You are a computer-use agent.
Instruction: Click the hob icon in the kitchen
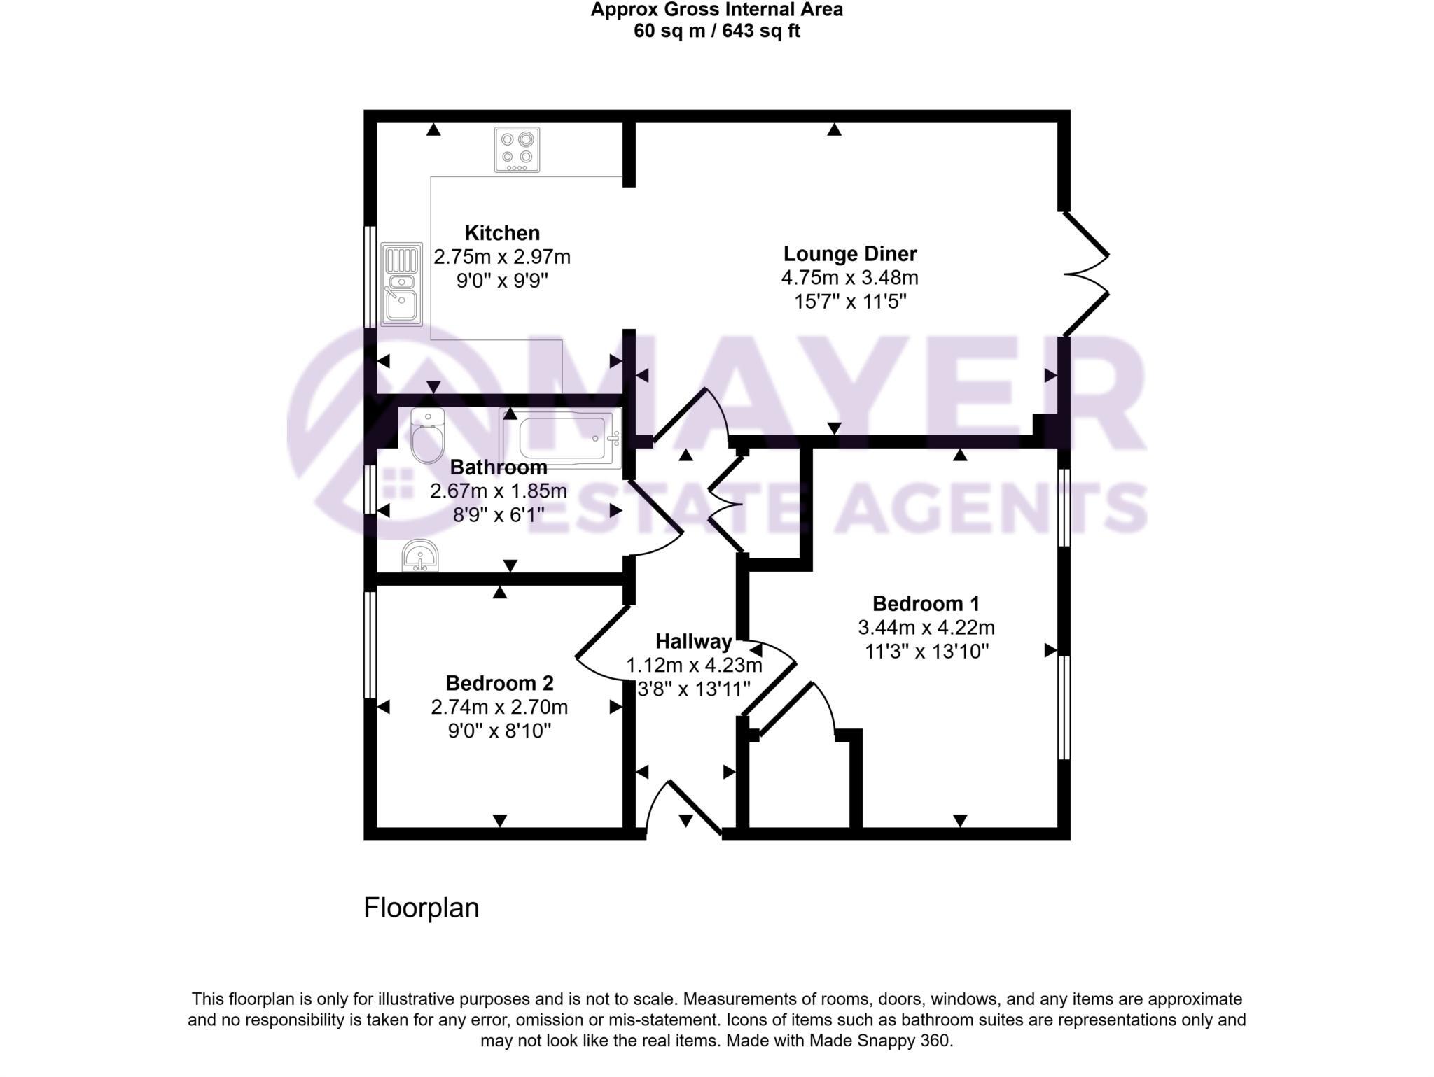517,149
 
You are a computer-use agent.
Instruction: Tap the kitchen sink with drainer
401,283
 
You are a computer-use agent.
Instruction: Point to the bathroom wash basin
420,556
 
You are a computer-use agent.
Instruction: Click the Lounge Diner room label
849,253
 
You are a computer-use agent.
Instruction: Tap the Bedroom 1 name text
926,603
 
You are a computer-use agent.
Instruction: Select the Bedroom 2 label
499,682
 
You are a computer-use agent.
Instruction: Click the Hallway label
693,641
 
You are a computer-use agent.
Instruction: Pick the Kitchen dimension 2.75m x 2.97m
502,257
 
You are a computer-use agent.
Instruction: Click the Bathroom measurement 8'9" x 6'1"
498,515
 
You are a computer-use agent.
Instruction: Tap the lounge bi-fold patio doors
1086,274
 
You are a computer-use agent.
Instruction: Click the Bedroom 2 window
370,645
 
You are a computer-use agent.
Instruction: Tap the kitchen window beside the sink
370,276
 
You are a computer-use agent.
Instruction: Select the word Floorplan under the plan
421,908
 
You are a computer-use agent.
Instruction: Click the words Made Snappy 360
881,1041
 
